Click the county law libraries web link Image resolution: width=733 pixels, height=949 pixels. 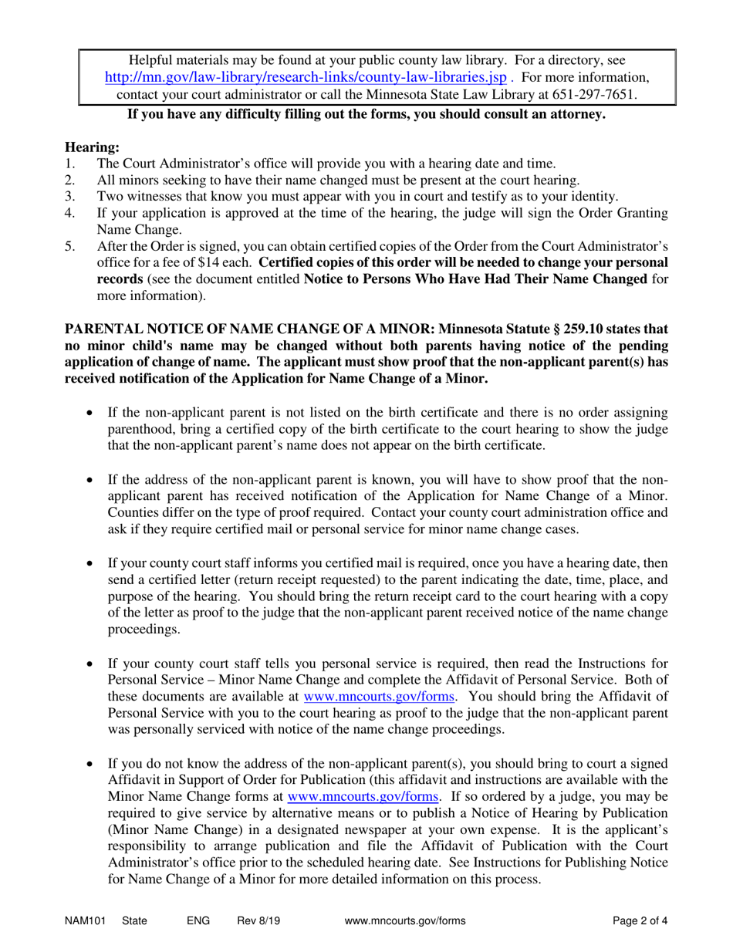tap(306, 77)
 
